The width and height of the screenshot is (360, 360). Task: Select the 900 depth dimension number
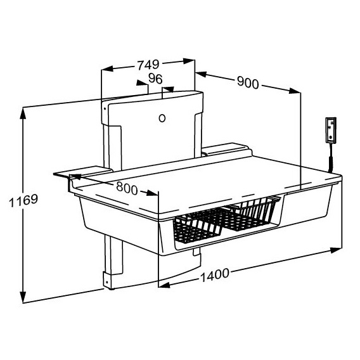pyautogui.click(x=247, y=82)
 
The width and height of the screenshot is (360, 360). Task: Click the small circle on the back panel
pyautogui.click(x=162, y=118)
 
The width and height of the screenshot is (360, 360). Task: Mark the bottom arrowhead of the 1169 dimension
pyautogui.click(x=23, y=299)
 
